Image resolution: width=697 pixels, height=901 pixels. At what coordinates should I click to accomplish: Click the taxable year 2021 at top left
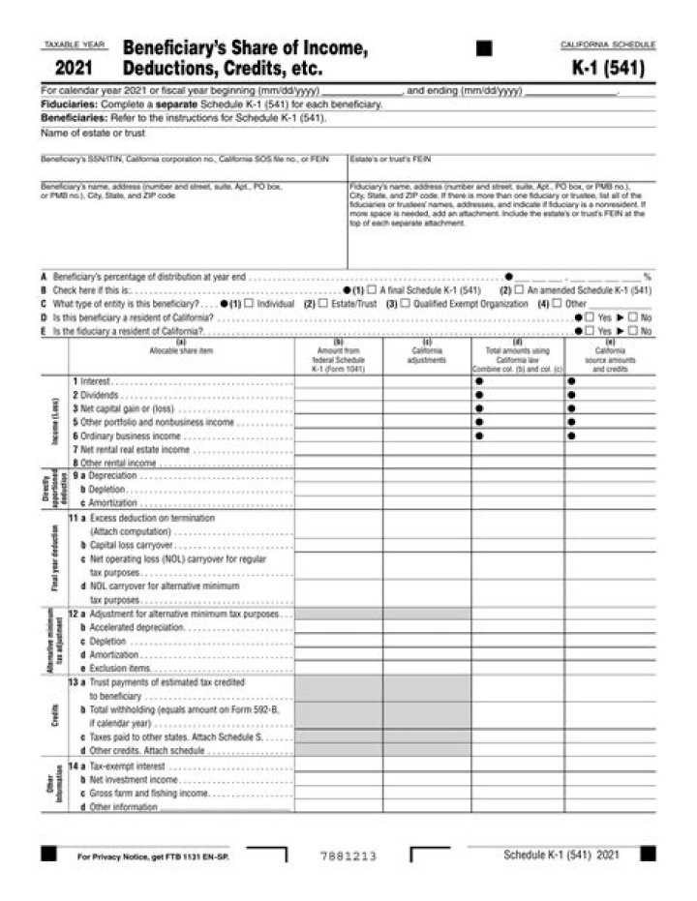click(x=74, y=69)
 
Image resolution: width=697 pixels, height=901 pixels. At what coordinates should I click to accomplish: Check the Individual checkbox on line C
click(x=250, y=303)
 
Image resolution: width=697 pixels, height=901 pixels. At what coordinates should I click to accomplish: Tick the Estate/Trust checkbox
click(x=326, y=303)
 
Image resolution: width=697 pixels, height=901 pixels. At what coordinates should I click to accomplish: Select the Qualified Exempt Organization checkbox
click(x=406, y=303)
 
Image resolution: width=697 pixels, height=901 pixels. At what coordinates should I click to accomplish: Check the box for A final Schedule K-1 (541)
click(x=373, y=289)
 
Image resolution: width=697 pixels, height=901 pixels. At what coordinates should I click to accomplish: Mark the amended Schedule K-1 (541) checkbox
click(x=520, y=289)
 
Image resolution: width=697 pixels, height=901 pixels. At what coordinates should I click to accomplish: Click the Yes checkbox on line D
click(x=590, y=316)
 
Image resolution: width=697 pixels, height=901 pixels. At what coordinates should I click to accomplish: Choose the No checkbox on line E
click(x=633, y=330)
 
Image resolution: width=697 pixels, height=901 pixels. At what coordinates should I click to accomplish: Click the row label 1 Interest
click(x=95, y=381)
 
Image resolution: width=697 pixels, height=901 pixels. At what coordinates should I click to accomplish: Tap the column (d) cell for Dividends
click(x=518, y=395)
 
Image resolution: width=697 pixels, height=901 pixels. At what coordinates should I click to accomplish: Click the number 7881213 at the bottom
click(x=348, y=856)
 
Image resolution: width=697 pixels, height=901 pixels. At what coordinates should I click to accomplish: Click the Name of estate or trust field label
click(x=79, y=133)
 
